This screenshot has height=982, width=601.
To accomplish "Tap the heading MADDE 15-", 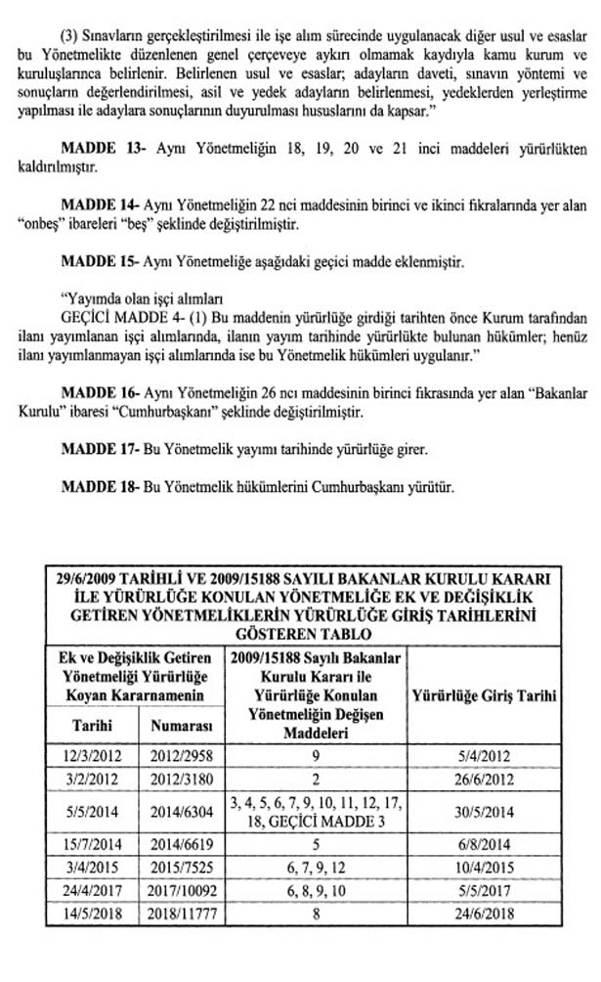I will tap(101, 263).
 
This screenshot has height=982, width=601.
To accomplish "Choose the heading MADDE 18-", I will tap(101, 485).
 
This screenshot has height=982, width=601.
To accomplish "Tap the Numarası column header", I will tap(183, 726).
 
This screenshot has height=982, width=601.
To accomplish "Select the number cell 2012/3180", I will tap(183, 779).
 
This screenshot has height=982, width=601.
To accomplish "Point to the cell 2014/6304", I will tap(183, 811).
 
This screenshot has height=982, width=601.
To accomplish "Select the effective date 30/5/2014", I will tap(485, 811).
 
